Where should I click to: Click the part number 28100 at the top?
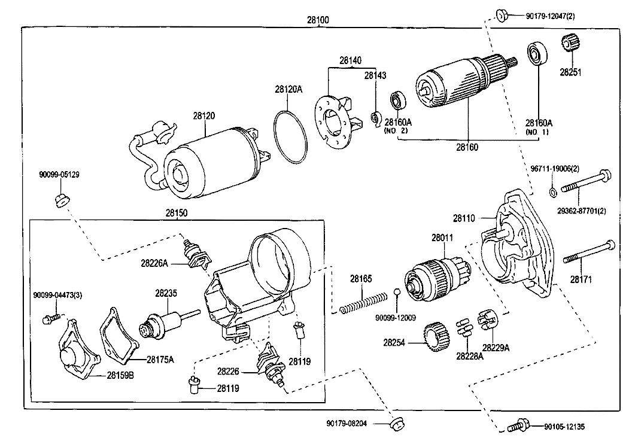click(x=317, y=19)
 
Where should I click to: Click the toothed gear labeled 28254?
click(x=436, y=337)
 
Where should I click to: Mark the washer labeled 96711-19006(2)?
click(x=552, y=191)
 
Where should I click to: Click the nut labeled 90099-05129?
click(x=62, y=200)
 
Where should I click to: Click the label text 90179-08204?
click(x=347, y=424)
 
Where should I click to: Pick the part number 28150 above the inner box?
click(x=177, y=212)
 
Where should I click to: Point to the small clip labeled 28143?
click(x=376, y=118)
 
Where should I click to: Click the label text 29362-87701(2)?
click(x=581, y=211)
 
